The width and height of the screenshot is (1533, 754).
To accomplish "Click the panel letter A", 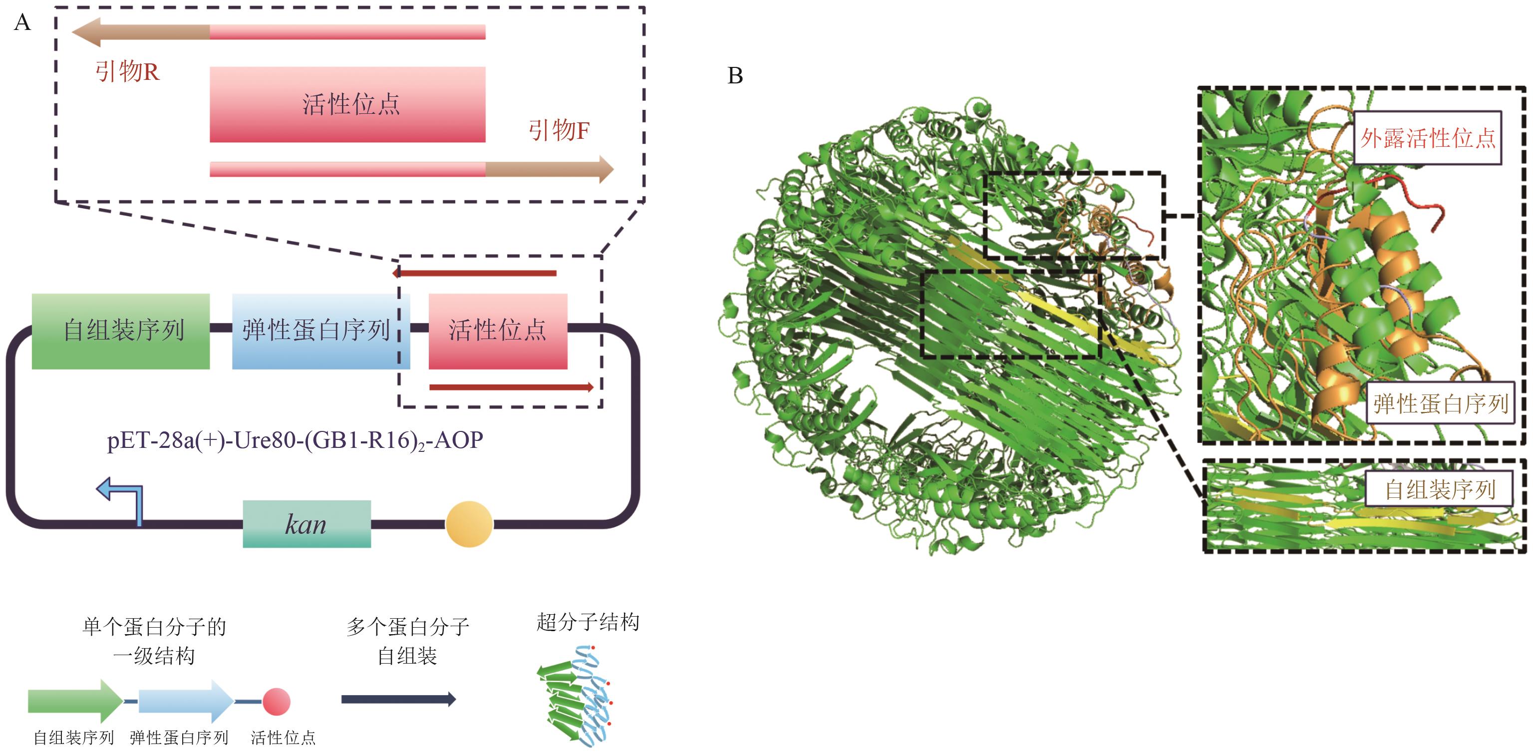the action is tap(22, 22).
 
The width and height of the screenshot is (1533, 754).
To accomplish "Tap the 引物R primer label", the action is tap(127, 71).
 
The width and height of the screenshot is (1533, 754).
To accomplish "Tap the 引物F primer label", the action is tap(559, 130).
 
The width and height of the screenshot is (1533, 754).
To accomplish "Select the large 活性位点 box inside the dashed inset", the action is tap(347, 104).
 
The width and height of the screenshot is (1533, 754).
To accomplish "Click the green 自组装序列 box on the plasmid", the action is tap(121, 331).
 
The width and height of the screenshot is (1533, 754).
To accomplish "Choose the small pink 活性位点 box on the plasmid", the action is tap(498, 331).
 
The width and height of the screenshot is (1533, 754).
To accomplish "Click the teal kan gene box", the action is tap(307, 524).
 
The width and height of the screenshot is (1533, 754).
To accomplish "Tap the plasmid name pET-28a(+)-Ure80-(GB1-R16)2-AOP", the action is tap(295, 441).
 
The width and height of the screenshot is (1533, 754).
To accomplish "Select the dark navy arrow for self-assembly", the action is tap(399, 699).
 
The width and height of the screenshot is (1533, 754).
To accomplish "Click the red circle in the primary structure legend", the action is tap(276, 702).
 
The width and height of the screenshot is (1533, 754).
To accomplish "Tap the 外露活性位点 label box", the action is tap(1428, 138).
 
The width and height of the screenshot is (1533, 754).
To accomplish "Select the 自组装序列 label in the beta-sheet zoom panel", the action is tap(1440, 490).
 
